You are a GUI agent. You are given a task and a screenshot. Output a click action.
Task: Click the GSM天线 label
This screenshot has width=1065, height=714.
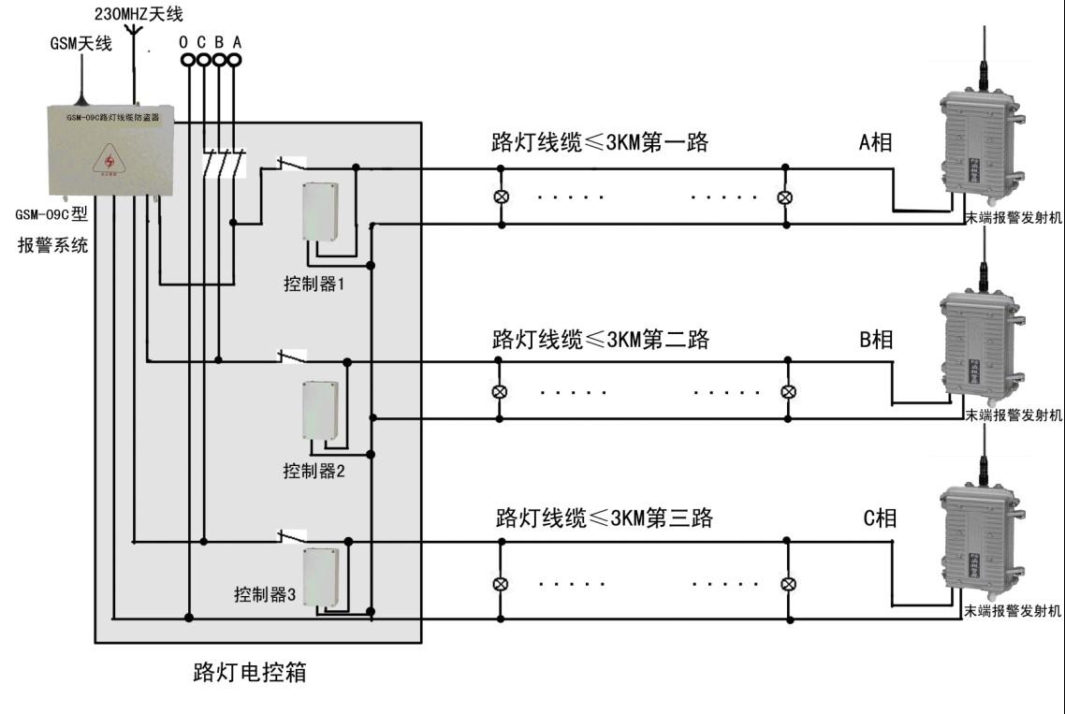coord(80,43)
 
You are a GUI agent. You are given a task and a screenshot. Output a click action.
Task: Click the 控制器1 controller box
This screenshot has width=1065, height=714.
coord(318,211)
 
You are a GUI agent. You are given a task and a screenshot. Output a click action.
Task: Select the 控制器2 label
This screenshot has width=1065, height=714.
coord(314,471)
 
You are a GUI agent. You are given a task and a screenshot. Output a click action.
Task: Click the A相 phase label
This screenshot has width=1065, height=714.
coord(875,141)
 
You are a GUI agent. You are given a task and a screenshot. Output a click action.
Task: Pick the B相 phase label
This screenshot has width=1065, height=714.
coord(876,340)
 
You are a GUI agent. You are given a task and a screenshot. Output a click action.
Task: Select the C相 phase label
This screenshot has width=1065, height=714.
coord(879,517)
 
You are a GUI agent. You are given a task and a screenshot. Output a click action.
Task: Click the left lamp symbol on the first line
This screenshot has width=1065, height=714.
coord(501,197)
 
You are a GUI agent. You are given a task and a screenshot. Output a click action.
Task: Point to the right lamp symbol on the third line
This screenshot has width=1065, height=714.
coord(789,584)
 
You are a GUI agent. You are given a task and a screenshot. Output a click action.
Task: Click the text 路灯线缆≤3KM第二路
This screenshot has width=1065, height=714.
coord(601,340)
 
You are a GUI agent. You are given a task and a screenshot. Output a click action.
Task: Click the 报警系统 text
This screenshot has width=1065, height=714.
coord(52,246)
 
